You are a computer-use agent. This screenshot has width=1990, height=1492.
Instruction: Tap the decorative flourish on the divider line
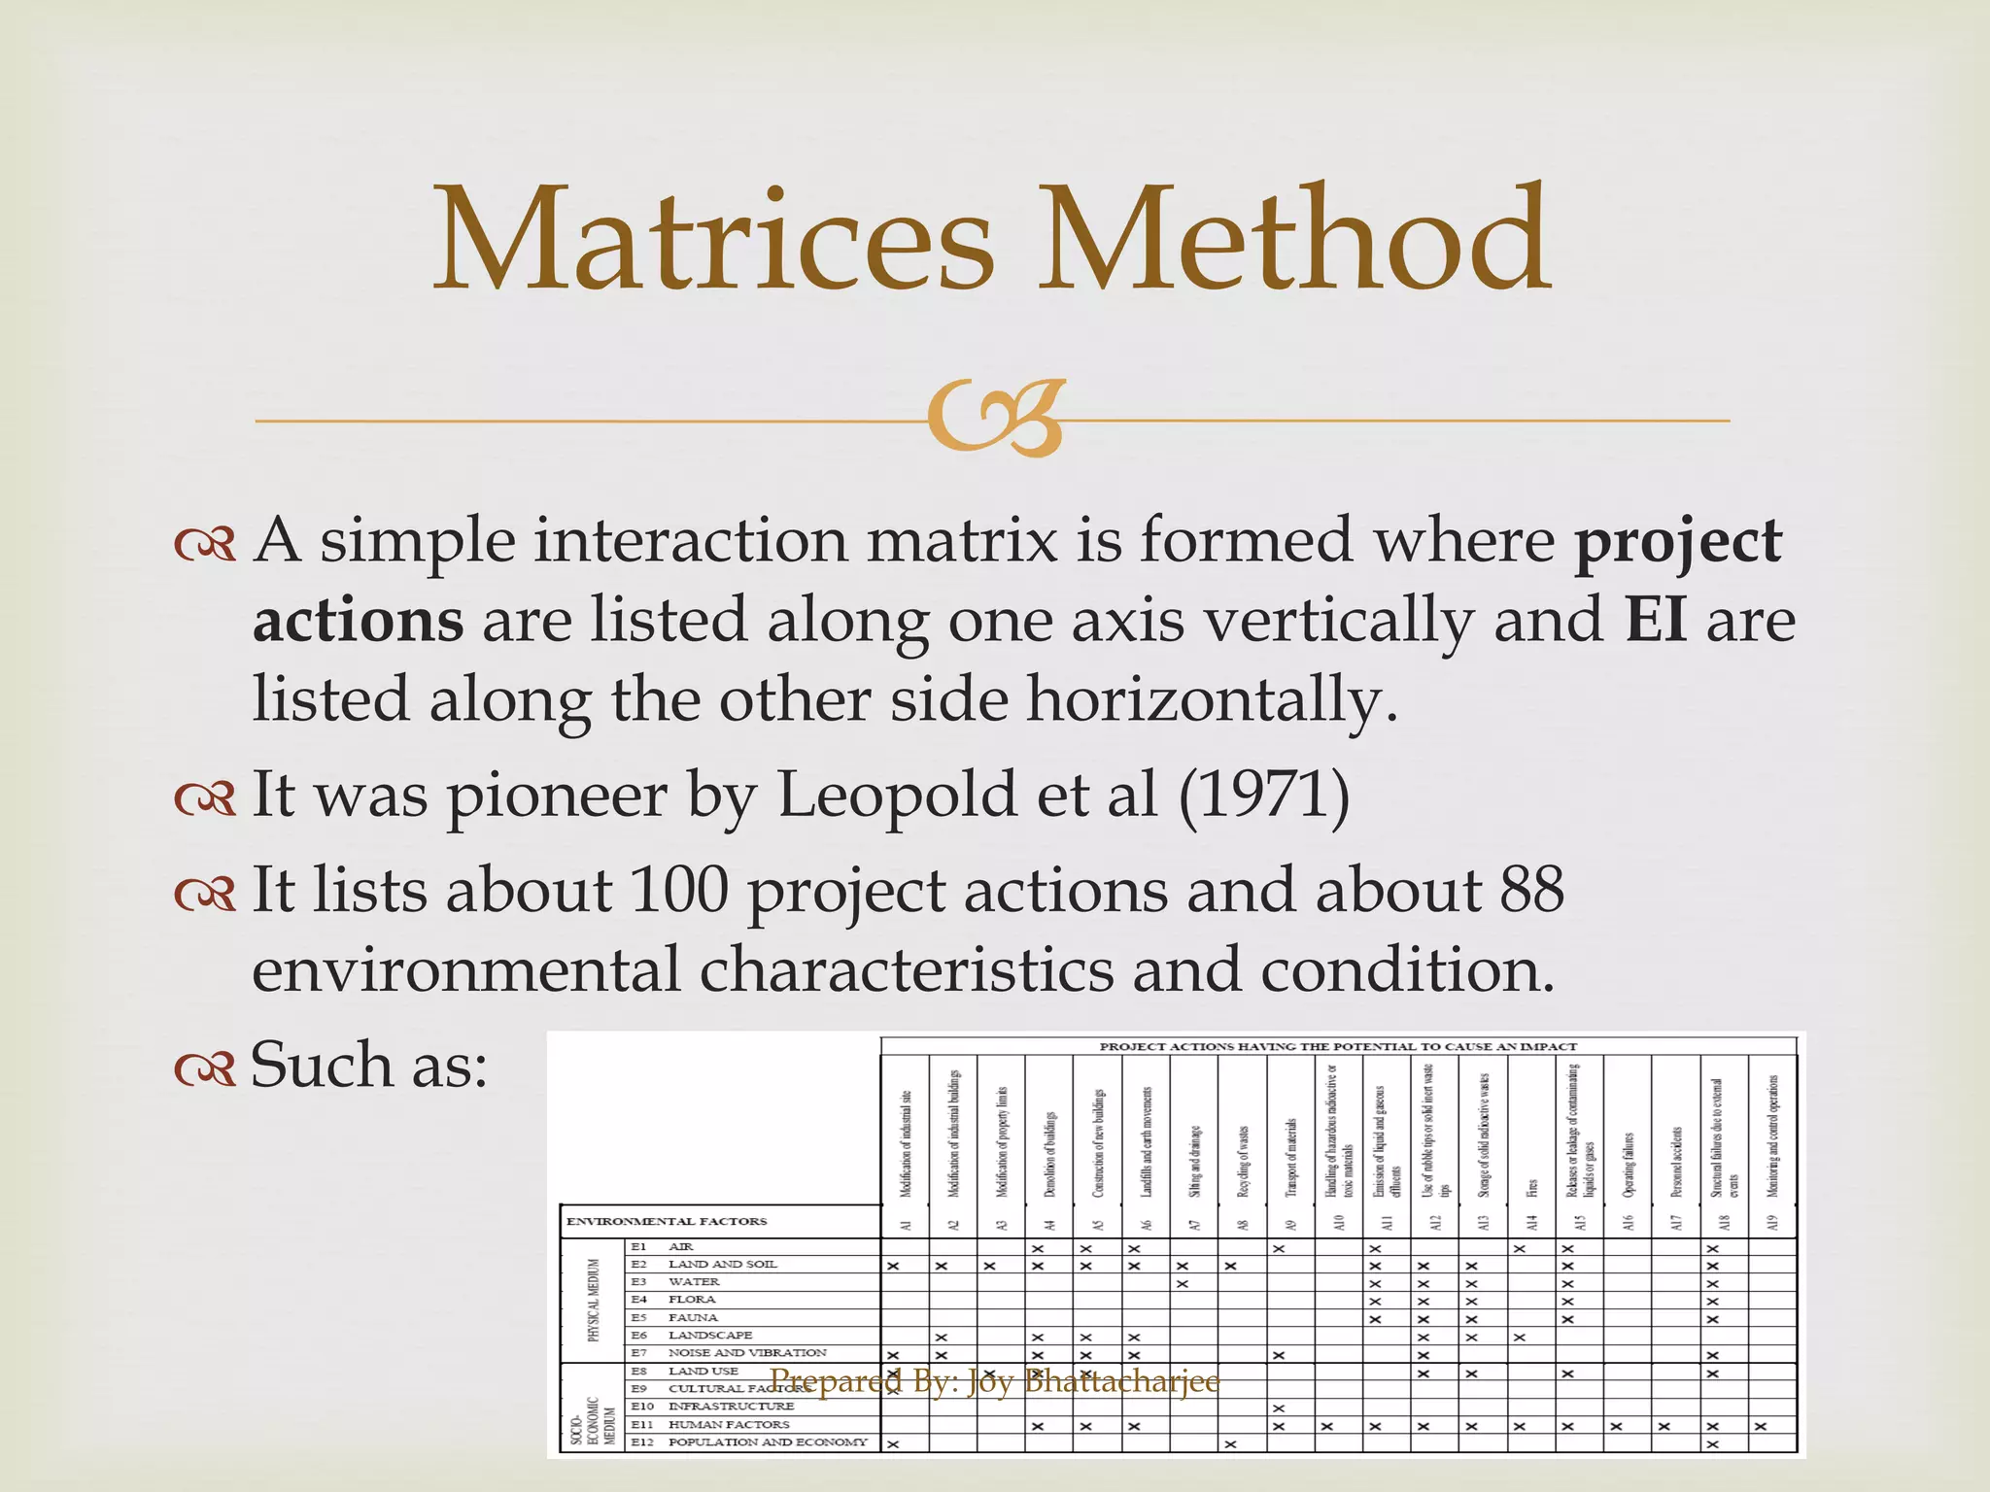pyautogui.click(x=995, y=420)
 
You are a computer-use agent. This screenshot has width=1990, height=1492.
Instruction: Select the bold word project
pyautogui.click(x=1678, y=542)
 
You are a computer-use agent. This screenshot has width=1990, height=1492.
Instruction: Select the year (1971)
pyautogui.click(x=1263, y=796)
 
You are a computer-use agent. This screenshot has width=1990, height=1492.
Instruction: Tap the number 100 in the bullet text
pyautogui.click(x=678, y=891)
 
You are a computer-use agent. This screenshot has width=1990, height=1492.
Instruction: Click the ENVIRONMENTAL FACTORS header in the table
pyautogui.click(x=667, y=1221)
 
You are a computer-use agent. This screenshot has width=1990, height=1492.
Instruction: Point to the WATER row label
pyautogui.click(x=694, y=1282)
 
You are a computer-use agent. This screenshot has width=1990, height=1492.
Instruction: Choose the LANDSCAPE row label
pyautogui.click(x=709, y=1336)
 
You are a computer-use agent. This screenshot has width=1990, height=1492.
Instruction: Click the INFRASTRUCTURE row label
pyautogui.click(x=731, y=1407)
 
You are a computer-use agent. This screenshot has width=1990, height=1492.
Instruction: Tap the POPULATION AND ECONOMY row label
pyautogui.click(x=768, y=1442)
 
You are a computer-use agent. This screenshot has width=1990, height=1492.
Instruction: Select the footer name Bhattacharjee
pyautogui.click(x=1121, y=1380)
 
